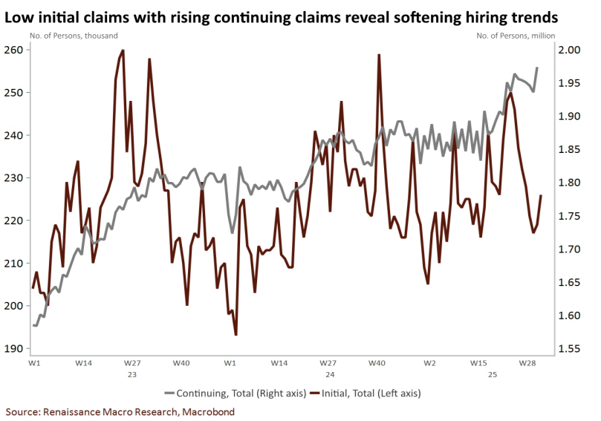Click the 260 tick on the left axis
(x=15, y=50)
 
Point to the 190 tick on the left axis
(x=15, y=349)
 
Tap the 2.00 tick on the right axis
(x=569, y=50)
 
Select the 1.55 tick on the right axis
(x=569, y=349)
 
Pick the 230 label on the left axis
(x=15, y=178)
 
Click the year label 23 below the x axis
(x=131, y=375)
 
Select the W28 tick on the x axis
(x=528, y=363)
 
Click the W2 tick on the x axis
(x=429, y=363)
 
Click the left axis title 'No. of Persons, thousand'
(x=74, y=35)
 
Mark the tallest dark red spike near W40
(x=379, y=55)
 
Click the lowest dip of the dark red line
(x=235, y=334)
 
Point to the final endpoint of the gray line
(x=537, y=68)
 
